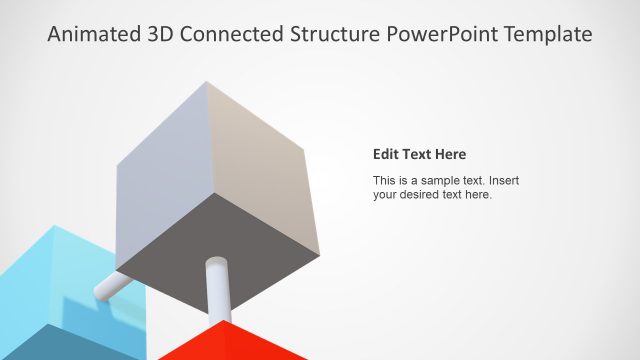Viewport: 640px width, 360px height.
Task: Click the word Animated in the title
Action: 93,35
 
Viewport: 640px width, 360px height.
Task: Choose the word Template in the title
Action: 546,35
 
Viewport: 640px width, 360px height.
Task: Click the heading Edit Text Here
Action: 419,154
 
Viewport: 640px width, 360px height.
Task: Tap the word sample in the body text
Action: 440,180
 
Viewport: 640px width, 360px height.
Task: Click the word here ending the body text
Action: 477,195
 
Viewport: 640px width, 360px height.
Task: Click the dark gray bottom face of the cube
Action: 220,230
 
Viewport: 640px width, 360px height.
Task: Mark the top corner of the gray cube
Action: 206,83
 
